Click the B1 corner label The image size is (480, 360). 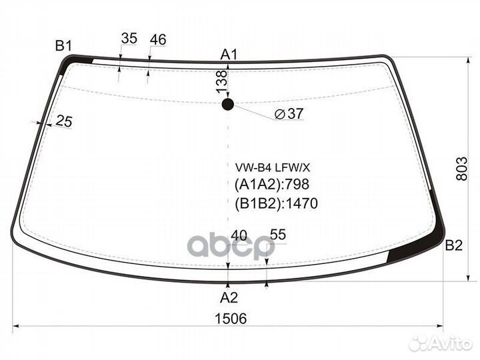click(x=63, y=45)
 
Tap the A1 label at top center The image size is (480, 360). click(x=229, y=54)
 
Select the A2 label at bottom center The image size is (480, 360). click(x=229, y=297)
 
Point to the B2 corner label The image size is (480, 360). click(x=454, y=245)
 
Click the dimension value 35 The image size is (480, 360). click(x=129, y=39)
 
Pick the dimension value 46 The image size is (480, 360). click(x=157, y=40)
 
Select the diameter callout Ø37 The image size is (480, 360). click(x=289, y=114)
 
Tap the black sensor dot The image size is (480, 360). click(x=228, y=104)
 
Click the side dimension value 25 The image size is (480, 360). click(x=64, y=121)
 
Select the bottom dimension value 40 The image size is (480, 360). click(x=239, y=235)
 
